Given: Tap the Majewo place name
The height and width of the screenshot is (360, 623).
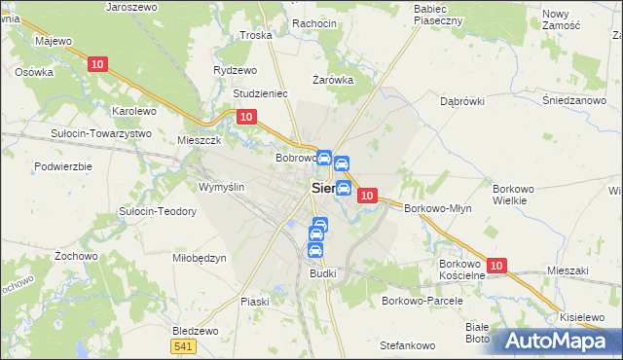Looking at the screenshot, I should tap(54, 41).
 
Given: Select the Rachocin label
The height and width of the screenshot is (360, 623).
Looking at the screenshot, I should tap(313, 23).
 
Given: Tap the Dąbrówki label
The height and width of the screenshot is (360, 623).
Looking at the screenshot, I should tap(462, 100).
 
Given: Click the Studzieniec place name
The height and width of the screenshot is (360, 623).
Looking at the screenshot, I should tap(260, 94).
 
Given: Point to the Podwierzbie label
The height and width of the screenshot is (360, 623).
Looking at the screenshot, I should tap(62, 166).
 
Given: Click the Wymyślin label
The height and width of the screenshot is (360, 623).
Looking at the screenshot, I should tap(221, 186).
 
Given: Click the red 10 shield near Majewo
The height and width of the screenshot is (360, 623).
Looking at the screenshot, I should tap(96, 64).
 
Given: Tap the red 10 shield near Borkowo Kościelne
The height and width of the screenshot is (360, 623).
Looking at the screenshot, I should tap(496, 266).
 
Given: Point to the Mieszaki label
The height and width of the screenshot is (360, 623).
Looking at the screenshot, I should tap(570, 270).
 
